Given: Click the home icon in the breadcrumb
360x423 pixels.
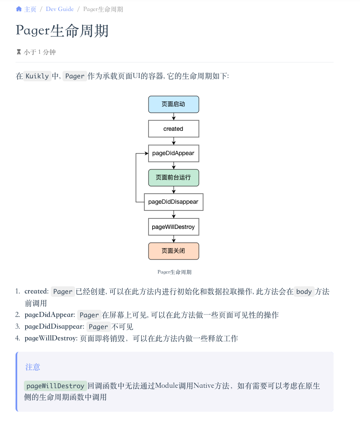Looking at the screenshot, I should click(x=19, y=9).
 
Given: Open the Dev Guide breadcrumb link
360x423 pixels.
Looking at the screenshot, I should click(x=60, y=9).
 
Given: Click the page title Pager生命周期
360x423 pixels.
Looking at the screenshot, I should click(x=62, y=31).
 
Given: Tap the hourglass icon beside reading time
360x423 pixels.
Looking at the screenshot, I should click(x=18, y=52).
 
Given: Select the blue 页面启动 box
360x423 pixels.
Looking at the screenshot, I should click(x=173, y=104).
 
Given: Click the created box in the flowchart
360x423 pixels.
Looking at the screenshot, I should click(x=173, y=129).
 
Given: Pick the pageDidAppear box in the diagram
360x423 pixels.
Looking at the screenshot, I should click(x=173, y=153).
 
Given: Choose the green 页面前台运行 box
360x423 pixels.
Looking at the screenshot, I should click(x=173, y=177).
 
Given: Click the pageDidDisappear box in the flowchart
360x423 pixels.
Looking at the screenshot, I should click(x=173, y=202).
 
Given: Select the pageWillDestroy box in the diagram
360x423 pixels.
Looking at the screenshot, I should click(x=173, y=227).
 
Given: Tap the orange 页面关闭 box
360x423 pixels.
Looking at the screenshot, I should click(x=173, y=251).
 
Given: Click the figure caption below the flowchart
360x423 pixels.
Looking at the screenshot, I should click(x=175, y=272).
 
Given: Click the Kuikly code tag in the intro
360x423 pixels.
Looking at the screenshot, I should click(x=38, y=76).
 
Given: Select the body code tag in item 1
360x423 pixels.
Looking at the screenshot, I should click(x=304, y=291).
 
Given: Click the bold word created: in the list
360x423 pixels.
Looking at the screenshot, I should click(x=37, y=291).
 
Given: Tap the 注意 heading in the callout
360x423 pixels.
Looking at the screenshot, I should click(x=33, y=367).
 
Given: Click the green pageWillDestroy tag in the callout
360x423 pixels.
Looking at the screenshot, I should click(x=55, y=386).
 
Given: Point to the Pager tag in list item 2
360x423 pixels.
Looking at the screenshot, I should click(x=89, y=315).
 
